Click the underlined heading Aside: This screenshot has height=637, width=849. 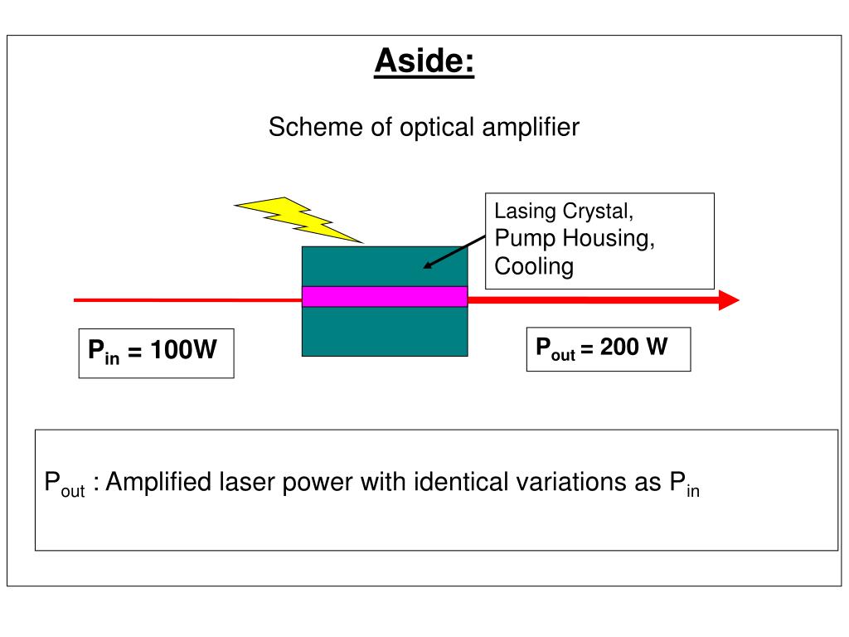point(424,61)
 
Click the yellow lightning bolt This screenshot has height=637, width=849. point(298,219)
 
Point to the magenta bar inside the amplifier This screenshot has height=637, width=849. point(385,296)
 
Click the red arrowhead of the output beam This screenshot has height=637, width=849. point(729,300)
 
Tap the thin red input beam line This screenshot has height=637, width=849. point(188,300)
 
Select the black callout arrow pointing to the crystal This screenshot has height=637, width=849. point(454,252)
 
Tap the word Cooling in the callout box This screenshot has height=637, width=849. point(534,267)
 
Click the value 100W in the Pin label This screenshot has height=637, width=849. point(183,350)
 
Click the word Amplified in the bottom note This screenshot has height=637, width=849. point(158,482)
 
